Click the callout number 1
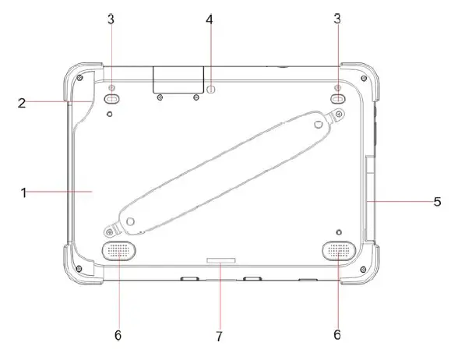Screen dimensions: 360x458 click(24, 191)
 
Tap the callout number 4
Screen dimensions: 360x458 click(210, 19)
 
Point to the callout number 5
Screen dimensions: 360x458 click(438, 200)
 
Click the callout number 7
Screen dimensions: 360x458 click(220, 337)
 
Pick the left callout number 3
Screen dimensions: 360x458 click(111, 19)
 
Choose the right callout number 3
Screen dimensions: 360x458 click(337, 19)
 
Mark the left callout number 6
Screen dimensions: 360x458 click(118, 334)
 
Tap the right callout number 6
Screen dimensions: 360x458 click(337, 334)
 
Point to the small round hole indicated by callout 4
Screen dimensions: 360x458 click(210, 89)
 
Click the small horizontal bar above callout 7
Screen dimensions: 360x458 click(221, 256)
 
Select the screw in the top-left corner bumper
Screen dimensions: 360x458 click(79, 78)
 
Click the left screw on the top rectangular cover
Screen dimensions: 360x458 click(160, 98)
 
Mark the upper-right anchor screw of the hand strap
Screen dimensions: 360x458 click(340, 115)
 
